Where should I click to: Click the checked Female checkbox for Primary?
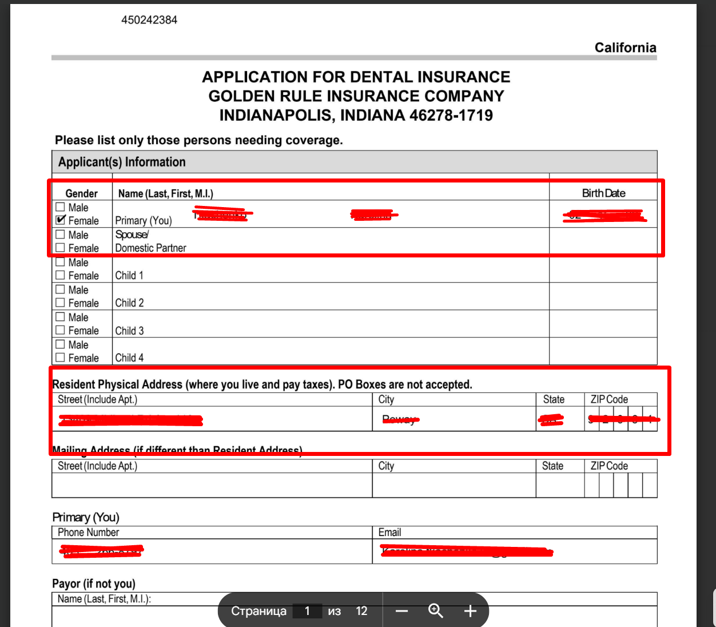(x=60, y=220)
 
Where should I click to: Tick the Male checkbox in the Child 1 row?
(x=60, y=262)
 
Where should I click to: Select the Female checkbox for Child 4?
(x=60, y=358)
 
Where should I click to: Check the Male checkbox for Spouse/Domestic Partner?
(x=60, y=234)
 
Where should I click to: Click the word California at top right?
(x=625, y=47)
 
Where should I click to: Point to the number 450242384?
(x=149, y=20)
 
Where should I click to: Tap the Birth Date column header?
(x=603, y=193)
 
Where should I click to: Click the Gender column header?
(x=81, y=193)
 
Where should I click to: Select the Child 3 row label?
(x=129, y=331)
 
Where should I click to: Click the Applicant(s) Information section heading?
(x=122, y=162)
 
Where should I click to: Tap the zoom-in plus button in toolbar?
(x=470, y=611)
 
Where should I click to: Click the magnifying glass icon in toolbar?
(x=436, y=611)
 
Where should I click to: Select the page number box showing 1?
(x=307, y=611)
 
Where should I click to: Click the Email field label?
(x=389, y=533)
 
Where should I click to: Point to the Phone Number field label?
(x=88, y=533)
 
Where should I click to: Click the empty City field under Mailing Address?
(x=454, y=485)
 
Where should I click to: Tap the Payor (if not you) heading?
(x=94, y=584)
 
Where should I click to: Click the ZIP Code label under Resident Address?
(x=609, y=399)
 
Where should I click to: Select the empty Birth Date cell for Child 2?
(x=603, y=296)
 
